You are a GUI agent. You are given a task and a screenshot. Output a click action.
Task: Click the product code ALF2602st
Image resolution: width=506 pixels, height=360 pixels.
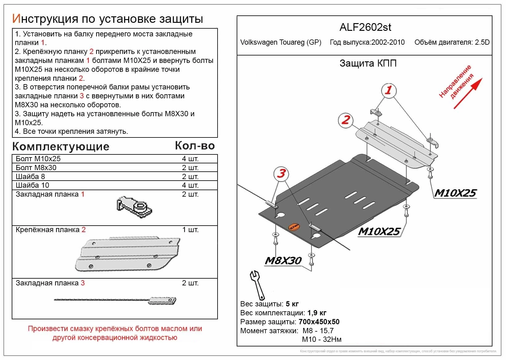tap(365, 27)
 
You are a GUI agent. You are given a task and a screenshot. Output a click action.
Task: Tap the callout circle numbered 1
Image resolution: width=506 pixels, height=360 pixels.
tap(388, 90)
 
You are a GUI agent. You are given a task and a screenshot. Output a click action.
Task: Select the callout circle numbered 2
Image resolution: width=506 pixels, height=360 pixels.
tap(345, 120)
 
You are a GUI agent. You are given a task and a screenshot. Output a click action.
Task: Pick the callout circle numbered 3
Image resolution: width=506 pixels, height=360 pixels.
tap(281, 173)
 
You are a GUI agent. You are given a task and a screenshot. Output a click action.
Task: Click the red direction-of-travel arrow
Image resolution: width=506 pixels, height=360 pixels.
tap(467, 93)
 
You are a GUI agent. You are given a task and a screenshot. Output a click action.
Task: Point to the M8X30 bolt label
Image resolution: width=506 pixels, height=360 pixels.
tap(283, 261)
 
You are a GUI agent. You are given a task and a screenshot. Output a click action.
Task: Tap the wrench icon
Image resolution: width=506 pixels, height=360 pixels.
tap(257, 285)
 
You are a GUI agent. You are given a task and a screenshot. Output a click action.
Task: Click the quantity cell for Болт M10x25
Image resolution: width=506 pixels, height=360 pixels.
tap(190, 159)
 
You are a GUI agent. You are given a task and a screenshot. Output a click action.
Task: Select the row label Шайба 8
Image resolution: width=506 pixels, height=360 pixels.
tap(30, 177)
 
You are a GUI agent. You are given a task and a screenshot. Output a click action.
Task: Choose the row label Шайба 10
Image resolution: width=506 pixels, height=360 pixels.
tap(32, 185)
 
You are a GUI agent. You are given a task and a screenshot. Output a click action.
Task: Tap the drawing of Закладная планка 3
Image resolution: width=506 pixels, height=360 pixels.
tap(116, 300)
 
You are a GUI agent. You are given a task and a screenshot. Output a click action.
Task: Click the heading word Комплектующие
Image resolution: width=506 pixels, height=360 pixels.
tap(61, 146)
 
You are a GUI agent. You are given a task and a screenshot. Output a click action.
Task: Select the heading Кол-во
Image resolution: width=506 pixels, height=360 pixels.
tap(195, 145)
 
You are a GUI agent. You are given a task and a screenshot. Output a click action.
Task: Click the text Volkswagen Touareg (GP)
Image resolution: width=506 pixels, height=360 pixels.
tap(280, 43)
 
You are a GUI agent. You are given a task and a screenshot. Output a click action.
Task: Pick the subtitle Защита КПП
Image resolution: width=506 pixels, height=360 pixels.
tap(368, 63)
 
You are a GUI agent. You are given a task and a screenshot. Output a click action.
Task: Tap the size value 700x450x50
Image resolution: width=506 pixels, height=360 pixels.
tap(319, 322)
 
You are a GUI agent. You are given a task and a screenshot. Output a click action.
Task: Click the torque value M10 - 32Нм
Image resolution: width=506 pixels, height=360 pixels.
tap(321, 339)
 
